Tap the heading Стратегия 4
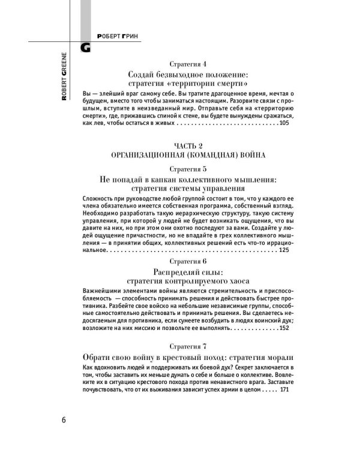(x=188, y=64)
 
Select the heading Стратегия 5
(x=188, y=169)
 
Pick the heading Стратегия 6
(x=188, y=262)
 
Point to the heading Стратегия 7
(x=188, y=346)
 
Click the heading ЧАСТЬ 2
(x=188, y=145)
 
